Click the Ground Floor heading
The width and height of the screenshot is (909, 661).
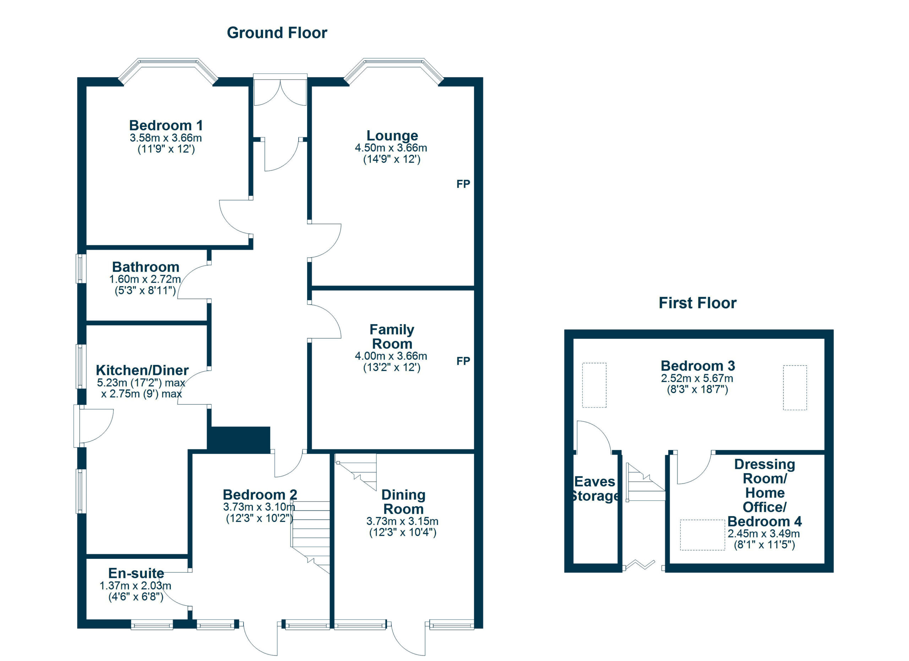pos(277,33)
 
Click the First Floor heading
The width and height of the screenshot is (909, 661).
pos(697,303)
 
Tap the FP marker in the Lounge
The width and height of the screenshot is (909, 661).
pos(463,184)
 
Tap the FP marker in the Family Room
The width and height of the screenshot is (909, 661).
pos(463,361)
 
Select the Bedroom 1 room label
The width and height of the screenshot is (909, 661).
pos(166,125)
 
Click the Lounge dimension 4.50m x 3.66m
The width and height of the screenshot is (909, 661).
pos(391,148)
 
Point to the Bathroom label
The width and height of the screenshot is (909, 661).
pos(146,267)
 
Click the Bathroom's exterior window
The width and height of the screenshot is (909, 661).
pos(81,268)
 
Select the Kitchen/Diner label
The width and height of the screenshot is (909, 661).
pos(142,370)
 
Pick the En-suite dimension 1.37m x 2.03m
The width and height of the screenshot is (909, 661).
pos(136,586)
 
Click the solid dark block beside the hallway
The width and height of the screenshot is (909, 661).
pos(239,439)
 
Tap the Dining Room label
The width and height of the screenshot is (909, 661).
pos(403,502)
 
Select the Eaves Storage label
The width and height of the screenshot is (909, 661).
pos(595,488)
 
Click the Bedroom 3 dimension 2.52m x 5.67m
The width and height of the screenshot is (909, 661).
pos(697,378)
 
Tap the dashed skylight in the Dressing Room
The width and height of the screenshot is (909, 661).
pos(702,535)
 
